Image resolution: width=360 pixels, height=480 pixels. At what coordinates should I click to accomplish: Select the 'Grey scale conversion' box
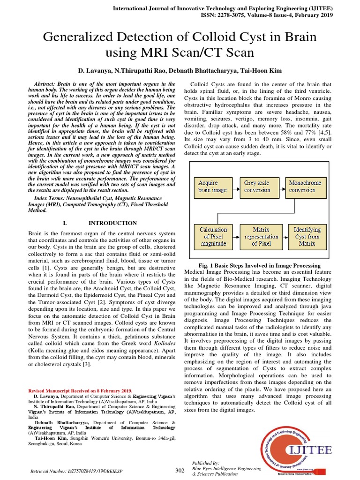click(x=257, y=187)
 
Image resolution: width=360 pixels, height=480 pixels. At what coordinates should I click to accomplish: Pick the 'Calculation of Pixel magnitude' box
click(x=213, y=236)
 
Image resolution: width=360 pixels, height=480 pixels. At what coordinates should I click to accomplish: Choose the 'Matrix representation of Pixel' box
click(x=261, y=236)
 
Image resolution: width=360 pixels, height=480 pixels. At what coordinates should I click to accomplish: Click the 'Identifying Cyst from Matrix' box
click(x=307, y=236)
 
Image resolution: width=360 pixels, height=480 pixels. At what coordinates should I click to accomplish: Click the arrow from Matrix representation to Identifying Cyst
click(x=285, y=236)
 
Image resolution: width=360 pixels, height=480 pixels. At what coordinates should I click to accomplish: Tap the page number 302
click(x=180, y=470)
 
